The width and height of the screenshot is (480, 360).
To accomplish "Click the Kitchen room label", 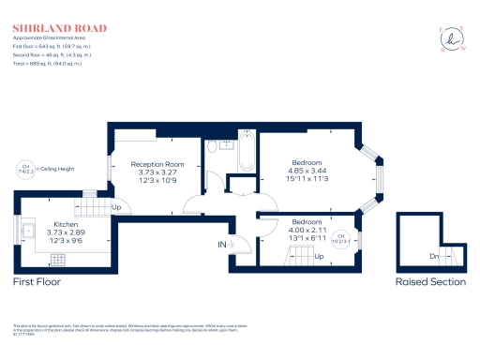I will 66,225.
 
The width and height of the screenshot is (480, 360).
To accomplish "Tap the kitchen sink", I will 28,228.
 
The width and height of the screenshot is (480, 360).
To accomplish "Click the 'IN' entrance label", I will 223,246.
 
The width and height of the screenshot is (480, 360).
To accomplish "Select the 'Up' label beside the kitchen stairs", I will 117,206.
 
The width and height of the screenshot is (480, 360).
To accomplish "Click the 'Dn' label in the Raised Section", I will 433,256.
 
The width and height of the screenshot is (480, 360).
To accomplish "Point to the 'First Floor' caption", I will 37,281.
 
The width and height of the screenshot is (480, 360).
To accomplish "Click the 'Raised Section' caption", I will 429,281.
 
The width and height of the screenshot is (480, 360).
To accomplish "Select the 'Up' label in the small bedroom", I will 319,256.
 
